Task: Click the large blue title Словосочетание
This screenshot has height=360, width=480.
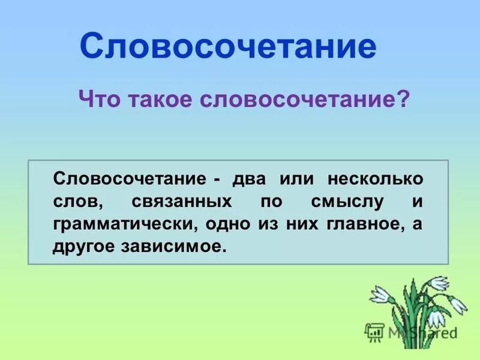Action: click(228, 46)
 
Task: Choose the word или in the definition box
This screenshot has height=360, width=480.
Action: click(294, 179)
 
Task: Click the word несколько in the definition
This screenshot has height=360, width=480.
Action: click(375, 179)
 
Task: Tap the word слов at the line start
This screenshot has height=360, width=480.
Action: click(73, 202)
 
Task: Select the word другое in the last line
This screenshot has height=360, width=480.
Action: click(81, 247)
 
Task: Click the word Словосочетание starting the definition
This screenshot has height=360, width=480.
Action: click(130, 179)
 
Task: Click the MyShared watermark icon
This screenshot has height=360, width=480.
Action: click(375, 331)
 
